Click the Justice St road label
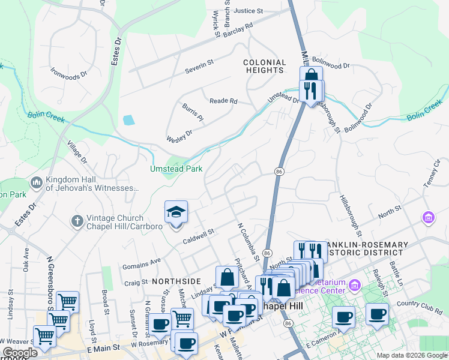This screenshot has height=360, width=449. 249,11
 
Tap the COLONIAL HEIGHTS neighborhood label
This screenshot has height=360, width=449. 264,66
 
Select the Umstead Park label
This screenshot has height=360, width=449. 176,169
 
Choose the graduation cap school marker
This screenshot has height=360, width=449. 176,212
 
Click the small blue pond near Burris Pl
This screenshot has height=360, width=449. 128,120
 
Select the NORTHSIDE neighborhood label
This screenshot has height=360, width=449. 176,281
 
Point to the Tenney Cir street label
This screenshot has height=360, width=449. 436,175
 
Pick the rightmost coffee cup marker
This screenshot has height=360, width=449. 377,314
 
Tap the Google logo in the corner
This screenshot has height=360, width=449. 20,353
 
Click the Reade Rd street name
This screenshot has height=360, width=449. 223,101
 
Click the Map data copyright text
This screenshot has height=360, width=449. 411,355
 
